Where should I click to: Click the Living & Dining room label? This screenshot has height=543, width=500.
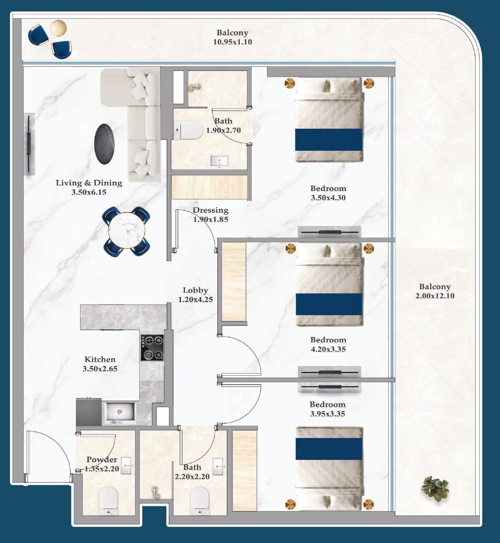click(x=89, y=183)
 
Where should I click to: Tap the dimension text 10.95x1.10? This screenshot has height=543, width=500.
click(x=233, y=42)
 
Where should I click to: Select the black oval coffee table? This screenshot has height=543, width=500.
click(x=104, y=144)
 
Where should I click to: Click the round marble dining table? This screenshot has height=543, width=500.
click(x=126, y=230)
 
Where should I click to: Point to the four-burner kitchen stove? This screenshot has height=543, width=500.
click(x=152, y=348)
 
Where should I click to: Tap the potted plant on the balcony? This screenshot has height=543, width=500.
click(x=435, y=489)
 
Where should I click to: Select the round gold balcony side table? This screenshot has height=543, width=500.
click(x=58, y=28)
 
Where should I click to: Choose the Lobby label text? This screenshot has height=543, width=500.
click(x=195, y=290)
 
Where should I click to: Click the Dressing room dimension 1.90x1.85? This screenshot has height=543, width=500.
click(x=211, y=219)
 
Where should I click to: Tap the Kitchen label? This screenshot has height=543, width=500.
click(x=100, y=359)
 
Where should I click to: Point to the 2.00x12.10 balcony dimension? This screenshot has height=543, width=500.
click(x=435, y=296)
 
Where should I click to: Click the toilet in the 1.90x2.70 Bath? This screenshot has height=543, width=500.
click(x=189, y=130)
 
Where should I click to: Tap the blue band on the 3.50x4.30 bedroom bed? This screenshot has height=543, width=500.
click(x=329, y=140)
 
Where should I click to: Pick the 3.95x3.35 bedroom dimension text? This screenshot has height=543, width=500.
click(x=328, y=414)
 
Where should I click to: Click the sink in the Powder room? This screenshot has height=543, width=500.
click(x=126, y=466)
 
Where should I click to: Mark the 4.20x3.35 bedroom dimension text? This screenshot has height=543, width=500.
click(x=328, y=349)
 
